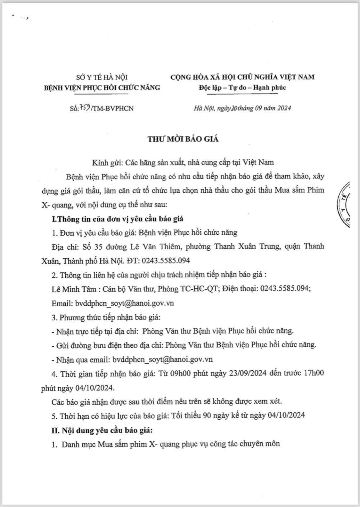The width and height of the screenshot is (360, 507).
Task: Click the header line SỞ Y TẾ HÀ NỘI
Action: click(x=102, y=77)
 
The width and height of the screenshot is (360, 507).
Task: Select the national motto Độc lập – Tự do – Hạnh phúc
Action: click(x=242, y=87)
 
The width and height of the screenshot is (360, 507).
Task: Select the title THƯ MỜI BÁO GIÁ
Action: click(x=183, y=139)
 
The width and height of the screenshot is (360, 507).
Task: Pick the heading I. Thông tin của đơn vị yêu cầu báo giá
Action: click(x=117, y=219)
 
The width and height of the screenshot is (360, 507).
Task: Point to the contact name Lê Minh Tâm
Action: click(x=74, y=289)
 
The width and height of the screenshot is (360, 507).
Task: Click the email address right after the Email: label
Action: click(x=124, y=303)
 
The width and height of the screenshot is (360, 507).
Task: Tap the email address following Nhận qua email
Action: click(x=163, y=359)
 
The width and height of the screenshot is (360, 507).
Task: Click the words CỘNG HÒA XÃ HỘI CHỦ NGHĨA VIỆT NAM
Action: click(x=242, y=77)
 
